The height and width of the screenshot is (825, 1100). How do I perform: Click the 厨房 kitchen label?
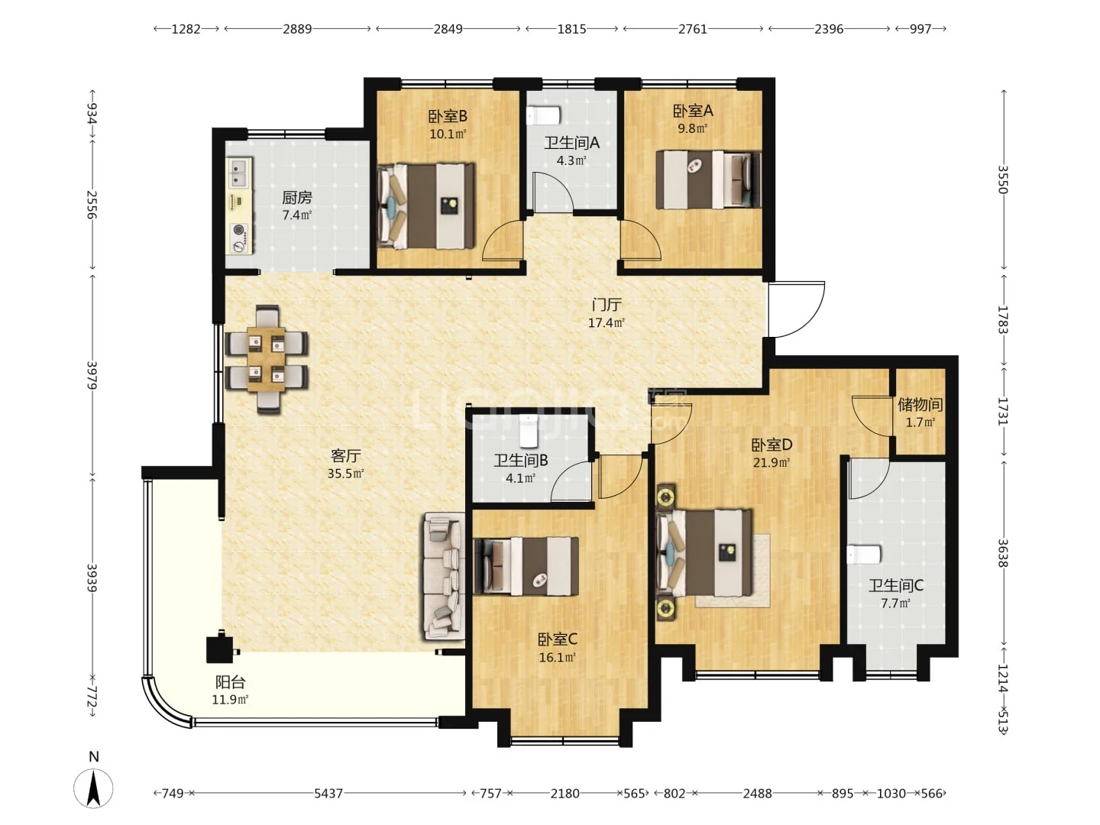click(x=296, y=198)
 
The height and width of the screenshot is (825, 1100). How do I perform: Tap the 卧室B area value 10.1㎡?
click(x=448, y=134)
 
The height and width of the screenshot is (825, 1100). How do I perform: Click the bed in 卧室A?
click(x=708, y=180)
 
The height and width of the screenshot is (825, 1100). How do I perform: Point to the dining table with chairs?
click(x=266, y=359)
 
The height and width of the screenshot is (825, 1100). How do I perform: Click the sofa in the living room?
click(x=444, y=576)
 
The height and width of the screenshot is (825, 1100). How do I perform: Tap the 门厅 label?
click(x=607, y=305)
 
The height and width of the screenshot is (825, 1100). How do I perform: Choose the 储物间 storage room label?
click(x=920, y=404)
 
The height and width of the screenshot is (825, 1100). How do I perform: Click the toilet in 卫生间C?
click(x=863, y=555)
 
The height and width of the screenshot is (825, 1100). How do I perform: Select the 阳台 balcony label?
click(x=230, y=681)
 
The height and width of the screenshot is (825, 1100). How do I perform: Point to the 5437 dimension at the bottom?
click(x=328, y=793)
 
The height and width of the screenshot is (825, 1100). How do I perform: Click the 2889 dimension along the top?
click(x=297, y=29)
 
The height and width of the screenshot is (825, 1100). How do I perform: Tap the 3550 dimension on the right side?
click(x=1003, y=180)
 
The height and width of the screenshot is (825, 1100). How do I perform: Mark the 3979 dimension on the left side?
click(x=92, y=375)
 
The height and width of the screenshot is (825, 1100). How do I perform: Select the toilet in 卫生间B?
click(x=528, y=431)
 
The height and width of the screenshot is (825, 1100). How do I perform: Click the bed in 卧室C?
click(x=526, y=566)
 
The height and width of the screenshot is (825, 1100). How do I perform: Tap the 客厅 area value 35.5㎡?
click(x=345, y=474)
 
